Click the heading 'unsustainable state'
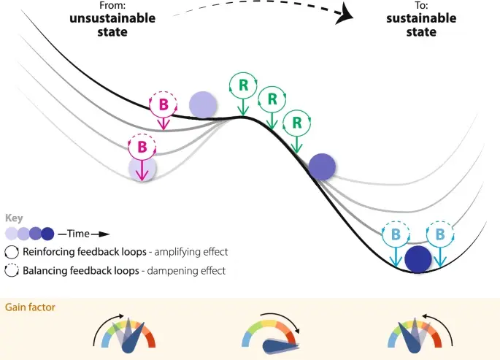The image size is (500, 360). [112, 25]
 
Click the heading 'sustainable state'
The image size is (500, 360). [411, 25]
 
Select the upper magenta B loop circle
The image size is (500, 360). [164, 104]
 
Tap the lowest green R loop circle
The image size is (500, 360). [296, 122]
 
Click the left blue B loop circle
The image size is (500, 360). [396, 235]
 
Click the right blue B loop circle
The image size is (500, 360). [440, 235]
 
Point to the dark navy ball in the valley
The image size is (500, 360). [418, 259]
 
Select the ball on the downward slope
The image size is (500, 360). [321, 167]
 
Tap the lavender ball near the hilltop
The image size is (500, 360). [203, 105]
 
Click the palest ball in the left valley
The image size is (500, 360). [142, 169]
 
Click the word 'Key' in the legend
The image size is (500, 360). [13, 218]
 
